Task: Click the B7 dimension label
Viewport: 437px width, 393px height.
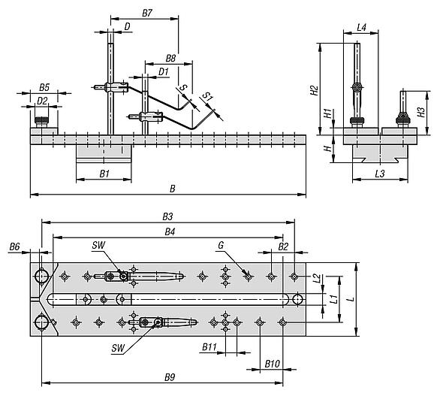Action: (x=147, y=14)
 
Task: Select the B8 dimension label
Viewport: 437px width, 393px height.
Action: (x=170, y=58)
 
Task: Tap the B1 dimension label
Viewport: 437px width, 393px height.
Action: (x=104, y=174)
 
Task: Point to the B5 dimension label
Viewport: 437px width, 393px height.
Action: (x=44, y=87)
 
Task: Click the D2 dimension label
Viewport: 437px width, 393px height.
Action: (x=42, y=100)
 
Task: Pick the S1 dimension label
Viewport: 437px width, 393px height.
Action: (x=209, y=97)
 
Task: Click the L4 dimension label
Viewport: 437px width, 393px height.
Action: (x=361, y=28)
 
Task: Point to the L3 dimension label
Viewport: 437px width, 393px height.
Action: (x=380, y=174)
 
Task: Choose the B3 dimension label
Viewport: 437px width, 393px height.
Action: (x=167, y=216)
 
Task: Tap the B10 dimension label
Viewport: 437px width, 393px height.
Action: (x=272, y=363)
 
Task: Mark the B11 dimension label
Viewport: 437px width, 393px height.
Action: (x=210, y=348)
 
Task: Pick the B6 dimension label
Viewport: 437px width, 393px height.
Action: (x=14, y=246)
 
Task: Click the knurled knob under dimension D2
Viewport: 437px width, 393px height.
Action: (x=42, y=120)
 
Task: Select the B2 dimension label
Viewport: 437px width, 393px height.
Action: (x=282, y=246)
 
